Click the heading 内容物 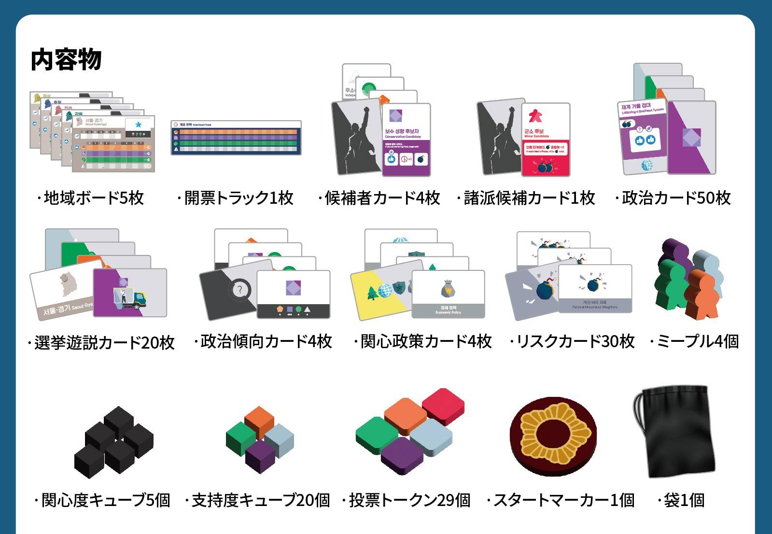click(x=66, y=60)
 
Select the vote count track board click(x=236, y=138)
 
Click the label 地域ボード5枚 click(x=90, y=198)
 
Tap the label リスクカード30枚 click(x=572, y=342)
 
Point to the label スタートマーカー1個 click(x=561, y=500)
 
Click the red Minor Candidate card click(x=546, y=139)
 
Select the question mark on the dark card click(x=239, y=290)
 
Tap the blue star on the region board click(x=139, y=125)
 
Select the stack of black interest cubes click(x=114, y=442)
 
